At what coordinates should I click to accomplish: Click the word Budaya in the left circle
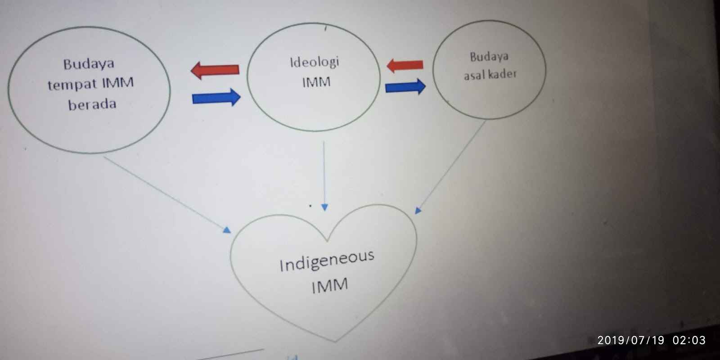88,64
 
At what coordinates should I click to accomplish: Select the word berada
92,104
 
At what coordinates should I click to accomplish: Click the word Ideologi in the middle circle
314,62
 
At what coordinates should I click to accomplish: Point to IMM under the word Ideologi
316,82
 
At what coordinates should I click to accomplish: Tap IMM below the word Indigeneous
330,286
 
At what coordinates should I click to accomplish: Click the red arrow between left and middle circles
215,70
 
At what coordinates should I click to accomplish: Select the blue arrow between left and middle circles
216,97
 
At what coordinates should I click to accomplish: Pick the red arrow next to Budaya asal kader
405,65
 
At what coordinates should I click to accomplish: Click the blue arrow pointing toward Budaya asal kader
405,86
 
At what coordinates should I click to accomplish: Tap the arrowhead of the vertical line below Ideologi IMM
324,207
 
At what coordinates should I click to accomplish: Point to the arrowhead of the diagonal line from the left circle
227,230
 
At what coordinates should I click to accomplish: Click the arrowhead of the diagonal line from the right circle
418,210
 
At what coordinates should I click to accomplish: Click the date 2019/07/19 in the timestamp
630,340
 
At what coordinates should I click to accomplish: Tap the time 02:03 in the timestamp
689,340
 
